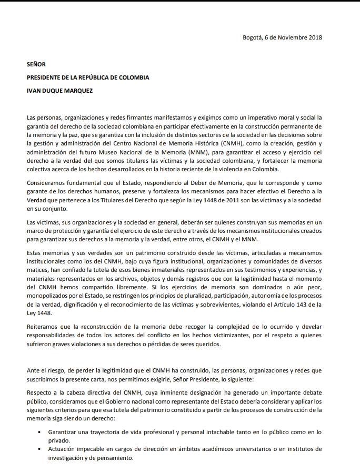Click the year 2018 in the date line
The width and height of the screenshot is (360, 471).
pos(314,37)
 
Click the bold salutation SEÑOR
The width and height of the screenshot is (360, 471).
pos(36,64)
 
